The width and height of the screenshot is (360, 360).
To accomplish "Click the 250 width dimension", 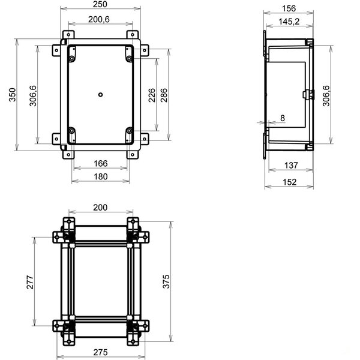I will click(101, 5).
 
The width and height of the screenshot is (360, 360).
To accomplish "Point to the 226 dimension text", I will click(152, 95).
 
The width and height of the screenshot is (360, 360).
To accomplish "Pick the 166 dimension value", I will click(101, 163).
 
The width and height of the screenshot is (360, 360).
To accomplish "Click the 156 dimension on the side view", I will click(289, 8).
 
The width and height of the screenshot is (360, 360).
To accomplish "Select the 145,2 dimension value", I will click(289, 22).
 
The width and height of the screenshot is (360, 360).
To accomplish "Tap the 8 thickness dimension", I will click(281, 118).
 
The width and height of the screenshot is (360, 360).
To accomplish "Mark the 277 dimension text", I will click(31, 282).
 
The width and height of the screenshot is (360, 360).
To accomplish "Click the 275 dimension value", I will click(101, 353).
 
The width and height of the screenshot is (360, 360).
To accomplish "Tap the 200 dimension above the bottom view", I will click(101, 207).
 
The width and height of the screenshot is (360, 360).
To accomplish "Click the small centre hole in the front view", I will click(101, 94).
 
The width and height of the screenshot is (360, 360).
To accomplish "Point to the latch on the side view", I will click(307, 94).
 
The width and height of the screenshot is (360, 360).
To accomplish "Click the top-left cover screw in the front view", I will click(72, 58).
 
